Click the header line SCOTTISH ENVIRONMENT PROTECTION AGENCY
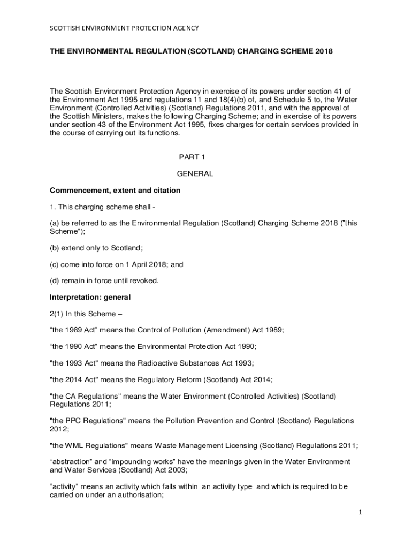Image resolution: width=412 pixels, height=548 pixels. pyautogui.click(x=124, y=28)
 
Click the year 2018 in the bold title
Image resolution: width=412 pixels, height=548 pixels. pyautogui.click(x=323, y=51)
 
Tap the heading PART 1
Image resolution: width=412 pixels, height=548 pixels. pyautogui.click(x=192, y=157)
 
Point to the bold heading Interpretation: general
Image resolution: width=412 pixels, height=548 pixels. pyautogui.click(x=90, y=296)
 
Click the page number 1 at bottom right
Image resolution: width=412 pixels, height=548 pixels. pyautogui.click(x=361, y=512)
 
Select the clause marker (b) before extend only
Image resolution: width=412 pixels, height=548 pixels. pyautogui.click(x=54, y=248)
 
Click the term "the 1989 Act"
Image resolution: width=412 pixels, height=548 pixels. pyautogui.click(x=72, y=330)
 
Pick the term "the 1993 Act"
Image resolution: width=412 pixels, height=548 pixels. pyautogui.click(x=72, y=363)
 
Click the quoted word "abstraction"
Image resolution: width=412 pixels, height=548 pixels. pyautogui.click(x=71, y=461)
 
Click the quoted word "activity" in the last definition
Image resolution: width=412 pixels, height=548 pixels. pyautogui.click(x=64, y=486)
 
